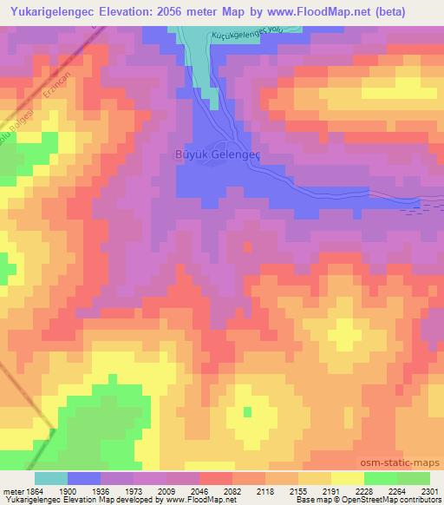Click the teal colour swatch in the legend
point(51,478)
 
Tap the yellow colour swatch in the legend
point(347,478)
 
